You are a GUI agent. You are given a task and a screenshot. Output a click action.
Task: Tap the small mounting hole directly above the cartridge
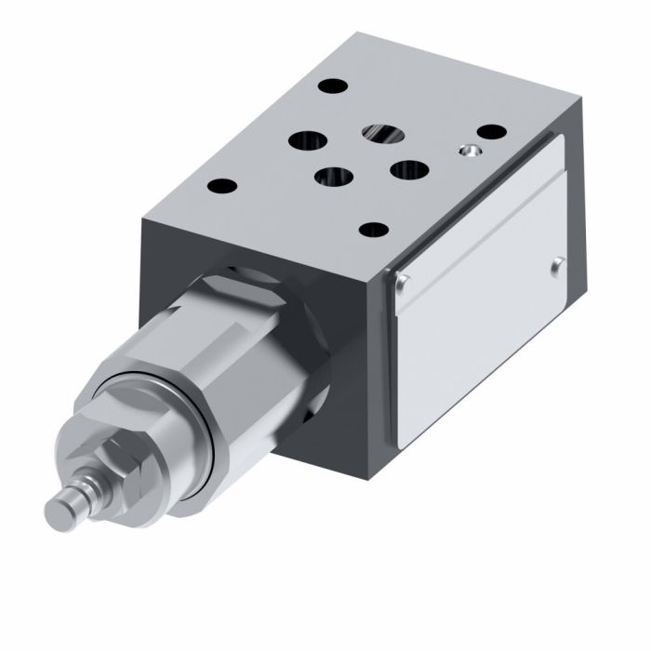click(221, 184)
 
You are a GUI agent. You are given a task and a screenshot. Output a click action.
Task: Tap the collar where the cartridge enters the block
click(279, 307)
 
